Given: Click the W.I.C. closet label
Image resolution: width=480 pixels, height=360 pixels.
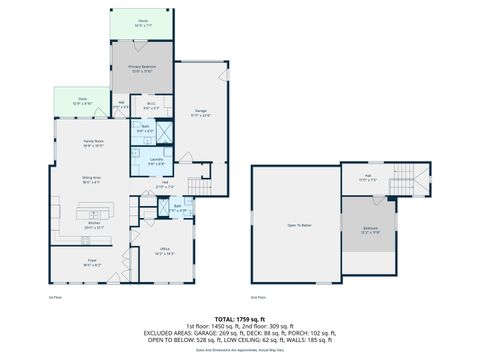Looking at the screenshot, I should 151,103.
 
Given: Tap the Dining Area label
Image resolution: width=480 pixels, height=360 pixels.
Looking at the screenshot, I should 93,180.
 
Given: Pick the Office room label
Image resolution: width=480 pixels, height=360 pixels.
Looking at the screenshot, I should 151,252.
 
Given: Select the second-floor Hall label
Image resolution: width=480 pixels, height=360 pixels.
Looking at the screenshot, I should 365,178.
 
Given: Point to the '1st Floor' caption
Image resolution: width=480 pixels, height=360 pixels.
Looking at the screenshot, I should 56,297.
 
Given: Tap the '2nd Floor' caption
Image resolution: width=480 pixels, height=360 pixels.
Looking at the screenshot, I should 258,297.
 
